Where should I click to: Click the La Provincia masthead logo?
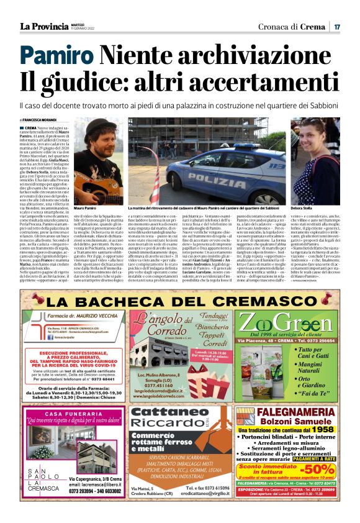(43, 26)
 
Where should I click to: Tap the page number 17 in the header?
(337, 27)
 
